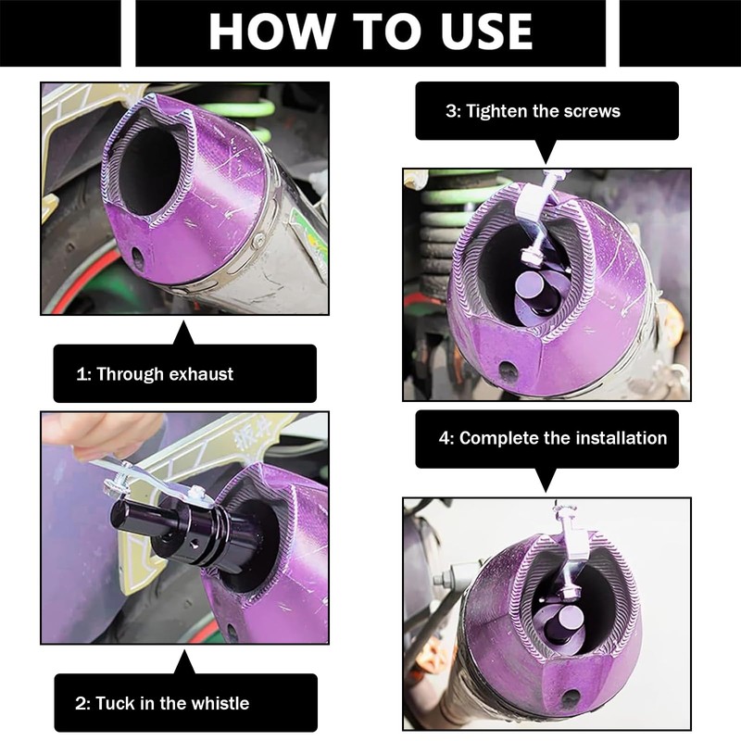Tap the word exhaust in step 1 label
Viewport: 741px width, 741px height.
201,374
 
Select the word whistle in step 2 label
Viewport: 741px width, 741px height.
219,703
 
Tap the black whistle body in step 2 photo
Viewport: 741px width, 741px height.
184,529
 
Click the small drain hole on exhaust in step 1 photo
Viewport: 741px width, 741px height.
138,258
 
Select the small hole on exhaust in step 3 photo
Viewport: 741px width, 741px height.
508,371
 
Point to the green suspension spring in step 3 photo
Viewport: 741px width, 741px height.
442,222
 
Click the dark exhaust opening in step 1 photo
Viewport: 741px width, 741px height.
150,171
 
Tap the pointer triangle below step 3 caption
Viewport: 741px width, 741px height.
546,151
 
